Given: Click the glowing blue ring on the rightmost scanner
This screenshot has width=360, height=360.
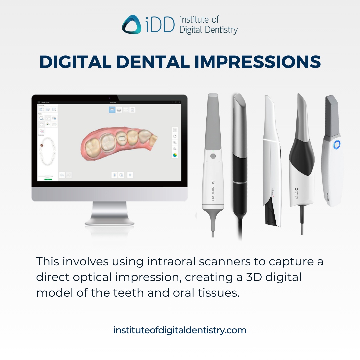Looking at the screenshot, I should point(337,144).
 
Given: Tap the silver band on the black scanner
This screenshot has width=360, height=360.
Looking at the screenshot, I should point(239,182).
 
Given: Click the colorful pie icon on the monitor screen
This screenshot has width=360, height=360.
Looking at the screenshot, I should point(175,155).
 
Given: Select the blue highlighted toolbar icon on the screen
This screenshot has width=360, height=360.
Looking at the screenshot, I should point(112,110).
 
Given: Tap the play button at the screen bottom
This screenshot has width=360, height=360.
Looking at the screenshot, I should point(114,175).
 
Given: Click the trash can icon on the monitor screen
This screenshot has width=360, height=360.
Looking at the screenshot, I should point(130,175).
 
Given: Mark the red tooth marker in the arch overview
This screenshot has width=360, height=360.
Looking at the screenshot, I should point(42,146).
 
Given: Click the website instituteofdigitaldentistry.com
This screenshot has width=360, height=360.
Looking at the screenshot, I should point(180,330).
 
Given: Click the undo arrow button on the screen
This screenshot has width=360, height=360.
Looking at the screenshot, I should point(62,175).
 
